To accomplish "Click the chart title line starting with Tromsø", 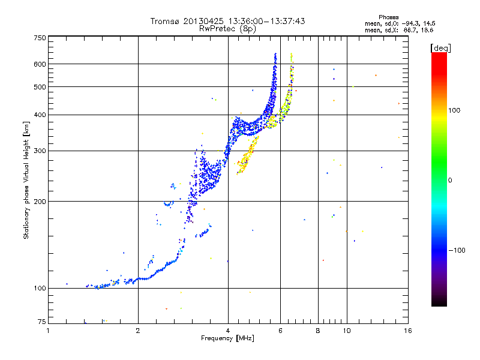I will (227, 21).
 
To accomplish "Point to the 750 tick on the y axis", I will (40, 37).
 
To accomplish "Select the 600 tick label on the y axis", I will (40, 64).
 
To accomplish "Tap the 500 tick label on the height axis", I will (40, 86).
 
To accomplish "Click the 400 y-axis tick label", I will (40, 115).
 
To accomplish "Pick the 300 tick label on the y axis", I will (40, 151).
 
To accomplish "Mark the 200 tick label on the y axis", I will (40, 201).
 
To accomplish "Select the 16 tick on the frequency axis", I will (406, 331).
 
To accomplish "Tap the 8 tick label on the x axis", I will (317, 331).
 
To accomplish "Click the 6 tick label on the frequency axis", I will (280, 331).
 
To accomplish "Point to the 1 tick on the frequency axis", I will (49, 331).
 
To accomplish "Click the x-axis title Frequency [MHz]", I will (227, 340).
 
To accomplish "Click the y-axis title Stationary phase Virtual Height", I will (26, 180).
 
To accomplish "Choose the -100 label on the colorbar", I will (457, 250).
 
